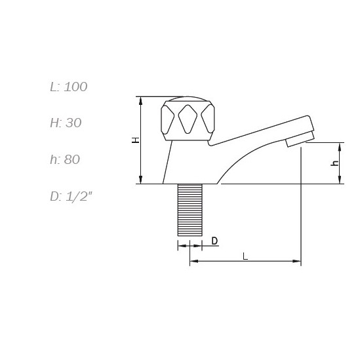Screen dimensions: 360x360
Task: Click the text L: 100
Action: tap(69, 87)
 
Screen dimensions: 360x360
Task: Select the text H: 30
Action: tap(66, 123)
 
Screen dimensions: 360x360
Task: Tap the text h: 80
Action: tap(65, 159)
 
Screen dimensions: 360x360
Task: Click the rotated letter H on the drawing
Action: tap(135, 140)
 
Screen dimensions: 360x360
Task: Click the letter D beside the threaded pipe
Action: tap(214, 241)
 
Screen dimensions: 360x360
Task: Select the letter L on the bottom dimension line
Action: tap(245, 256)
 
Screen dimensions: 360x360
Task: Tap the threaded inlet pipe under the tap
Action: tap(191, 210)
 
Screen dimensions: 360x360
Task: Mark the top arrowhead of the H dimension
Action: tap(140, 100)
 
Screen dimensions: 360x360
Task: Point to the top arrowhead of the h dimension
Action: tap(340, 146)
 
